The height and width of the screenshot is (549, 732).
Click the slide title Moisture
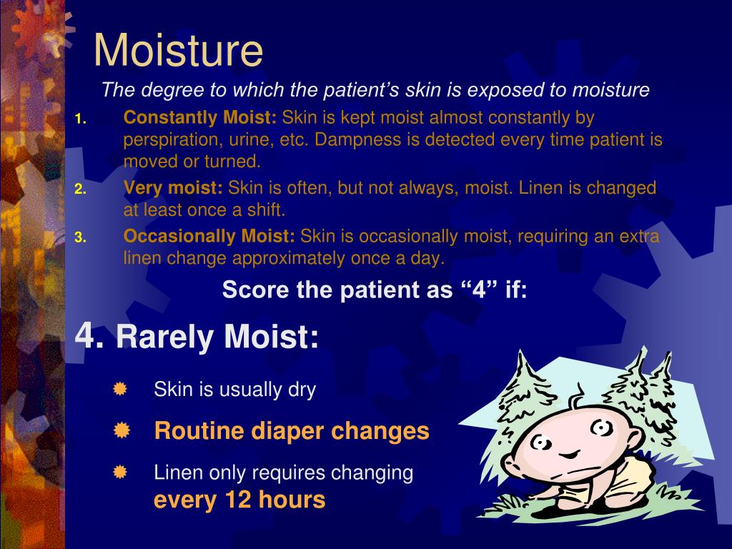[x=178, y=50]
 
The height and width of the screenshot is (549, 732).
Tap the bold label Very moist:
[x=173, y=188]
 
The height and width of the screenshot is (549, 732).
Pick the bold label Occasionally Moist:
[x=209, y=236]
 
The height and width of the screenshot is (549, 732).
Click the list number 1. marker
[x=80, y=119]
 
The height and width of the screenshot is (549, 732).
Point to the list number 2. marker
[x=80, y=190]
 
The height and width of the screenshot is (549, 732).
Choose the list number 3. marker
[x=80, y=238]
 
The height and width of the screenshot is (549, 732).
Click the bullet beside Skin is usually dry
[x=120, y=389]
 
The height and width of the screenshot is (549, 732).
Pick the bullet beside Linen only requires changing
[x=120, y=472]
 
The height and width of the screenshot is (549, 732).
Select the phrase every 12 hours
[x=239, y=500]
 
